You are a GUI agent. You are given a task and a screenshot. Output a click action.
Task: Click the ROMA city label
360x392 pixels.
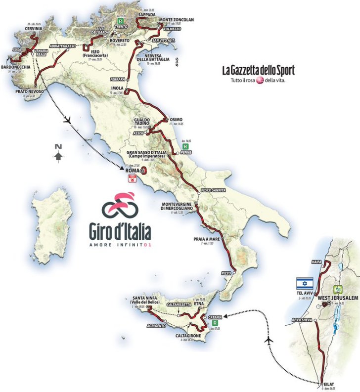[x=133, y=171]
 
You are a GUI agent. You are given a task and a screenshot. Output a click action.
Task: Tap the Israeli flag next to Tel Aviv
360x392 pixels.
[x=305, y=284]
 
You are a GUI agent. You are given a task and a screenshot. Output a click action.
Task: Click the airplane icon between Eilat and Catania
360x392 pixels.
[x=270, y=341]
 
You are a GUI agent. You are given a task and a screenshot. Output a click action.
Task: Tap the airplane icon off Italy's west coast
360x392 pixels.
[x=69, y=120]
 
